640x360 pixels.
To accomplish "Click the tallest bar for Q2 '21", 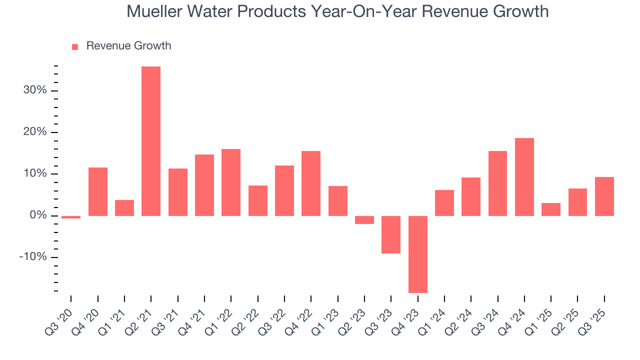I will click(x=151, y=141).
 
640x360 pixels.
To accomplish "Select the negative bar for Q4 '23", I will click(x=417, y=254).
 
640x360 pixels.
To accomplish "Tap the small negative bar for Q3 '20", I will click(x=71, y=217).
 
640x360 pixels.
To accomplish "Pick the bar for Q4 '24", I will click(x=524, y=177).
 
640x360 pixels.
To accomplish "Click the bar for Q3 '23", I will click(x=391, y=234).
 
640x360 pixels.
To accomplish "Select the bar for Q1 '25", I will click(x=551, y=209).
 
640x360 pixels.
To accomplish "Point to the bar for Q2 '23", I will click(x=364, y=220).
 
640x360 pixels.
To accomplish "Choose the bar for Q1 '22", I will click(x=231, y=182).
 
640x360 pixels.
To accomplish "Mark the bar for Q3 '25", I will click(x=604, y=196).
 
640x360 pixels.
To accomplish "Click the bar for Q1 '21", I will click(x=124, y=208).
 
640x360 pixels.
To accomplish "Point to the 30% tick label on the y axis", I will click(x=35, y=90).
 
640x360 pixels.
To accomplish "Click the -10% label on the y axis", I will click(x=33, y=257).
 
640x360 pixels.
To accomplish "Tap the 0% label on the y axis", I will click(x=38, y=215).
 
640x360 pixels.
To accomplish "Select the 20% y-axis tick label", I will click(x=35, y=132).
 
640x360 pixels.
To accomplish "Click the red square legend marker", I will click(x=75, y=47).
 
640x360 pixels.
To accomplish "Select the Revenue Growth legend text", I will click(x=128, y=46).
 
